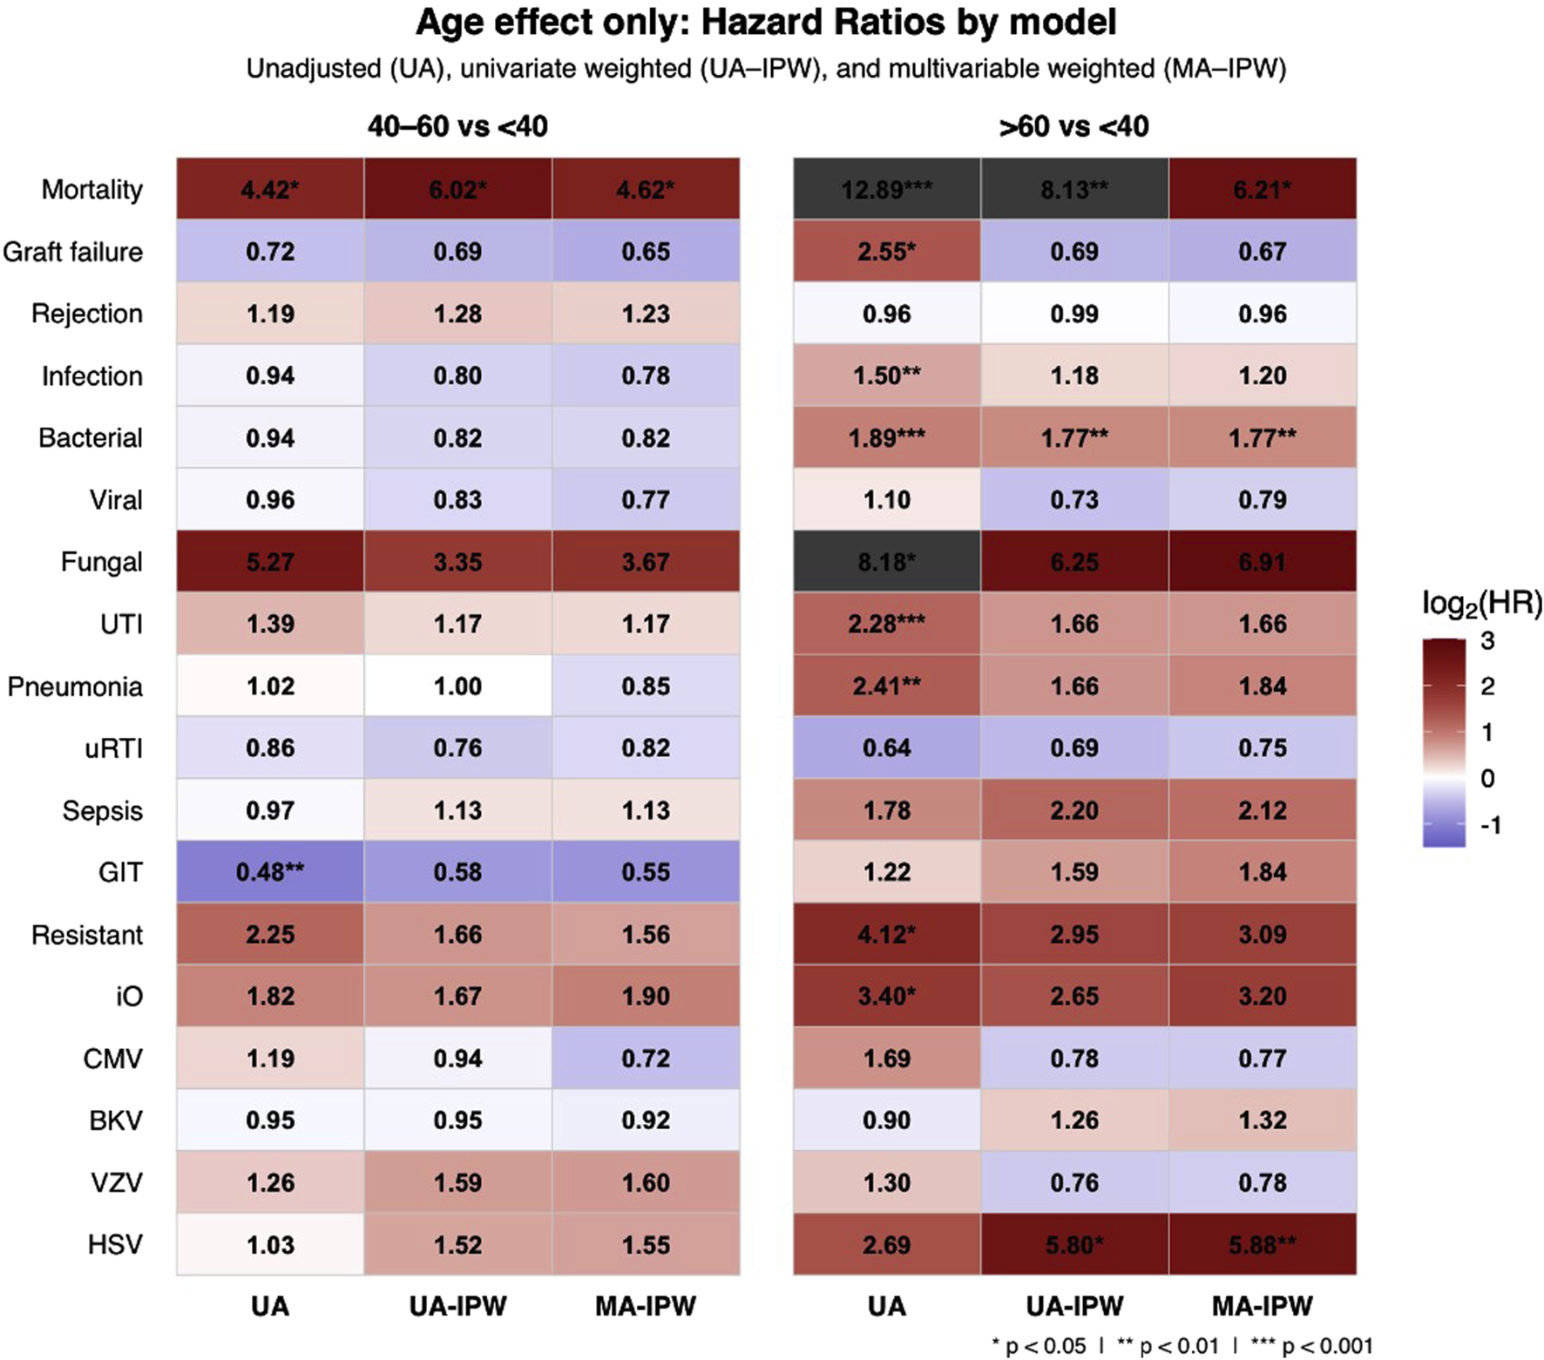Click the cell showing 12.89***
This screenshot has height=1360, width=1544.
(x=886, y=189)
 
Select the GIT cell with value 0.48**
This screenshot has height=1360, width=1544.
(x=270, y=872)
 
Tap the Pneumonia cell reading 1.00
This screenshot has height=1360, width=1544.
(x=457, y=687)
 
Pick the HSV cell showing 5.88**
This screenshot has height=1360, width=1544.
(x=1262, y=1245)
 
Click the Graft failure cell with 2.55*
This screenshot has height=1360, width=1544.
(x=886, y=252)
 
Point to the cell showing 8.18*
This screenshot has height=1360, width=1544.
(x=886, y=562)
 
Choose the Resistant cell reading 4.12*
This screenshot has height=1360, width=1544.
(x=886, y=935)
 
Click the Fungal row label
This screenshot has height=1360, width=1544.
(x=101, y=562)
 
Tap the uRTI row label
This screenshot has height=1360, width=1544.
(x=113, y=748)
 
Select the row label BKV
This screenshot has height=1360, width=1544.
(x=115, y=1120)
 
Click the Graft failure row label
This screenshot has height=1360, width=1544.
(x=72, y=252)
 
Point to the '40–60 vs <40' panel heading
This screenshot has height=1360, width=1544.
(x=457, y=127)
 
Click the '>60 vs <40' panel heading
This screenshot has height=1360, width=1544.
(x=1073, y=127)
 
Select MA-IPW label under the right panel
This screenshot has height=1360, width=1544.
(x=1262, y=1306)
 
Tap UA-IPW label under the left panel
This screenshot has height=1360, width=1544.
(x=457, y=1306)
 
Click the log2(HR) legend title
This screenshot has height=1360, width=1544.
(x=1481, y=604)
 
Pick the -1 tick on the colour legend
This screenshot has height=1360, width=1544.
(x=1491, y=825)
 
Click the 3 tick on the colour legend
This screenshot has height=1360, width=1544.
(x=1487, y=641)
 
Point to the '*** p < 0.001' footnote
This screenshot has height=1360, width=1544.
(x=1311, y=1346)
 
